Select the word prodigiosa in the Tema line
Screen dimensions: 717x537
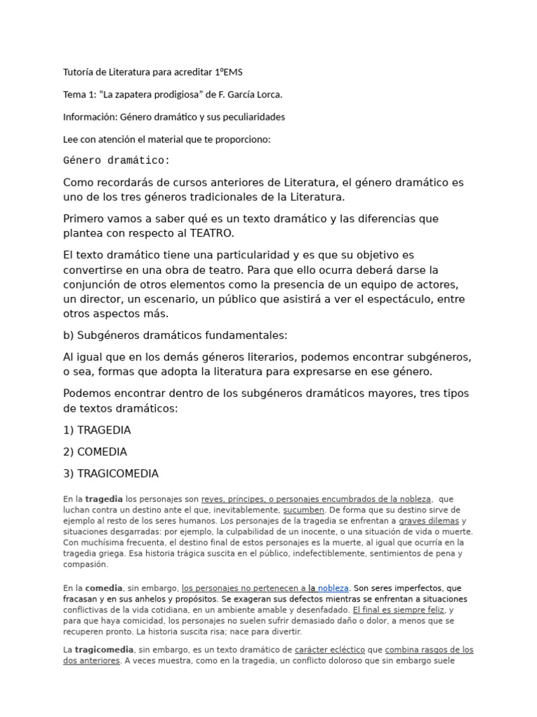tap(151, 95)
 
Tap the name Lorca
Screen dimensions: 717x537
tap(268, 95)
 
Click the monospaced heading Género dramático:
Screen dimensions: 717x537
tap(116, 160)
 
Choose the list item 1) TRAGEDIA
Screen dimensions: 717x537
tap(96, 430)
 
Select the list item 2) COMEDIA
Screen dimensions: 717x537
tap(95, 452)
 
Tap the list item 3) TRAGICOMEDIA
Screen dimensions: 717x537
tap(110, 473)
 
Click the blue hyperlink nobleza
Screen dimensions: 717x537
tap(333, 588)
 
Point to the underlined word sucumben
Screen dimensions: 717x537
tap(303, 510)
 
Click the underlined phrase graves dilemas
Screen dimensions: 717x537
tap(429, 521)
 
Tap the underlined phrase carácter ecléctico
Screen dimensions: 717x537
tap(325, 650)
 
